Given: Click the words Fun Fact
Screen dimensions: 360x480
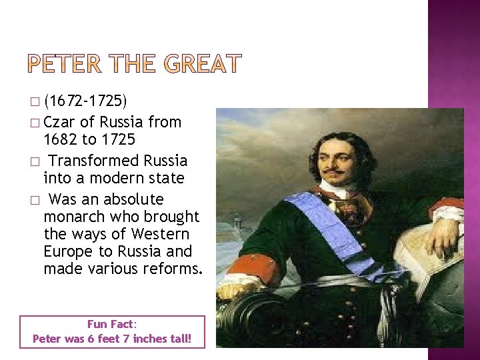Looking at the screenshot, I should [x=111, y=324].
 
